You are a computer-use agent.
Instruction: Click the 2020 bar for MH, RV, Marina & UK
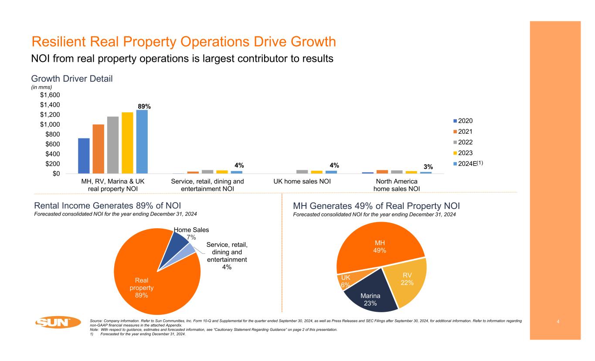tap(84, 156)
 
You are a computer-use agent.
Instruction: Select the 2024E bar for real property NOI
tap(142, 142)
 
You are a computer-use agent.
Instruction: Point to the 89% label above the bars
tap(144, 106)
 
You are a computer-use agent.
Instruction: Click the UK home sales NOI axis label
tap(299, 181)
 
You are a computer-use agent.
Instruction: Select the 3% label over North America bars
tap(428, 166)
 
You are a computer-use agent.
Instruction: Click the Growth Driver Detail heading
tap(72, 79)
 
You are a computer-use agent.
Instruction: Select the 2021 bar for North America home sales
tap(382, 172)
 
